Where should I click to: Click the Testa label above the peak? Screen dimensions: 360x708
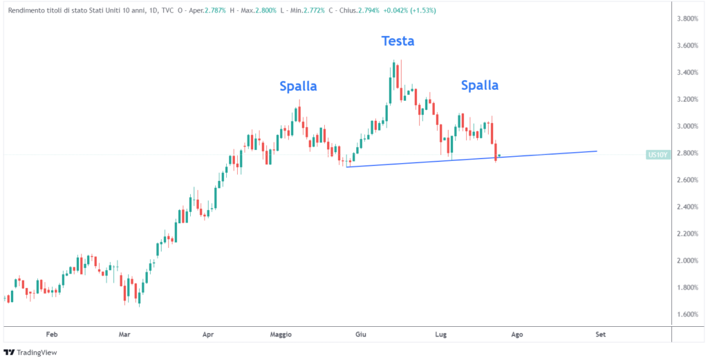(398, 41)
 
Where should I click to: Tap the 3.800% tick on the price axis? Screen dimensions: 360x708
(690, 19)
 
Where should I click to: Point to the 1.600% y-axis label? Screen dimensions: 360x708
(690, 314)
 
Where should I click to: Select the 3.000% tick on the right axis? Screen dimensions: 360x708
(690, 126)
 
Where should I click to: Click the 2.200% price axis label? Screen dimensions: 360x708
(690, 234)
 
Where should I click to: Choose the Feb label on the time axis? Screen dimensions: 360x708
(52, 334)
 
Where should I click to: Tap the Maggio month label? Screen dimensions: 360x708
(280, 334)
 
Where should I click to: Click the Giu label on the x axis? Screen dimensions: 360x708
(360, 334)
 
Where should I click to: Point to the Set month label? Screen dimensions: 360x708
(601, 334)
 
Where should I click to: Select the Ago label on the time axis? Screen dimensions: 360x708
(516, 334)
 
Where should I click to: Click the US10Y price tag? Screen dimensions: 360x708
(658, 155)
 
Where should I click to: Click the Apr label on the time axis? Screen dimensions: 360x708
(208, 334)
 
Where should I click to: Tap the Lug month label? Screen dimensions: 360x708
(441, 334)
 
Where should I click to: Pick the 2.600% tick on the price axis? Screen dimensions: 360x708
(690, 180)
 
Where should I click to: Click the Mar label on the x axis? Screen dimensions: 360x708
(124, 334)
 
